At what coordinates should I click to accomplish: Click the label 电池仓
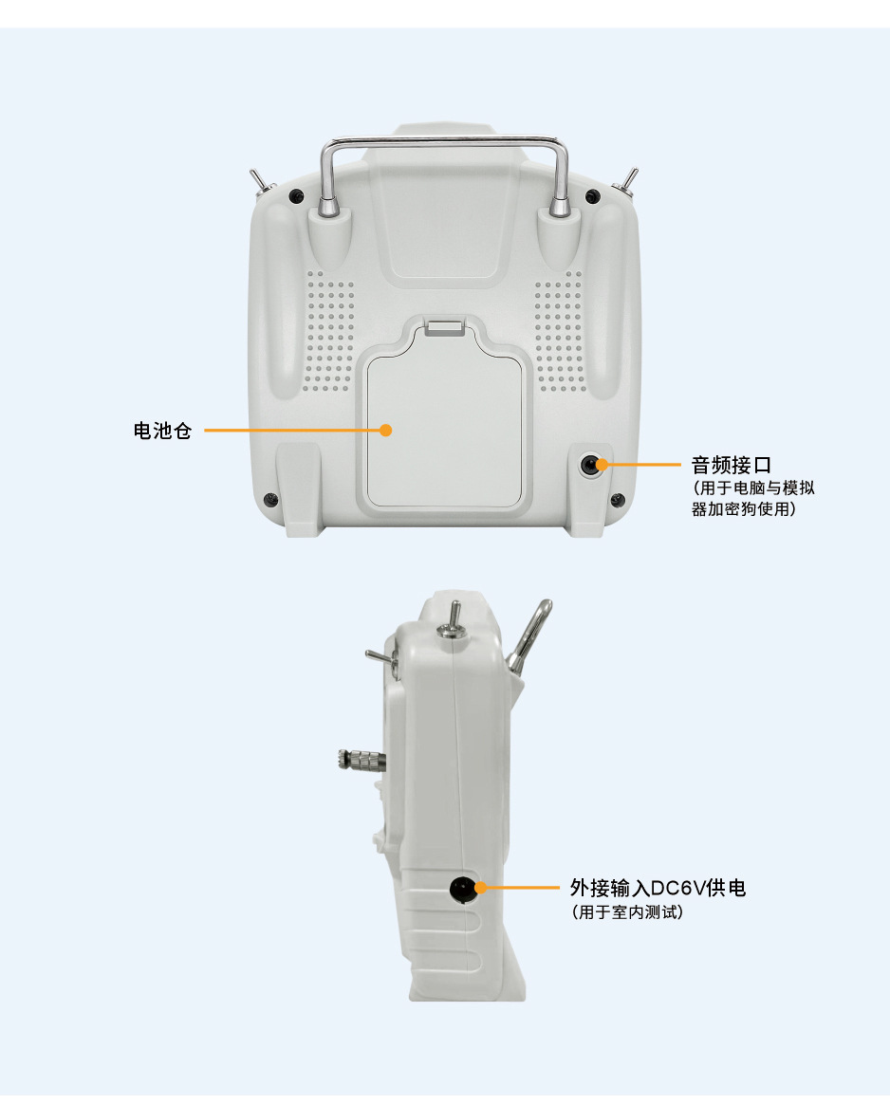162,431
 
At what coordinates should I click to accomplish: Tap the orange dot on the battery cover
385,430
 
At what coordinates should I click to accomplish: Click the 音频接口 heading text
731,465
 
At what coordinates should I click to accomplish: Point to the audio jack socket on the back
589,466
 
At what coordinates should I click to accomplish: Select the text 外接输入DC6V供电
658,888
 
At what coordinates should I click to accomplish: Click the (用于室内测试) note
626,912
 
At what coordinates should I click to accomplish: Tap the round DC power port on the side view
463,889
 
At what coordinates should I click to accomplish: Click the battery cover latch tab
444,326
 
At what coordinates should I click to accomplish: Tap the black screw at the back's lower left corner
269,500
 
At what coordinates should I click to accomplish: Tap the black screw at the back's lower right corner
617,500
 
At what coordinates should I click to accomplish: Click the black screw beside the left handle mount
296,195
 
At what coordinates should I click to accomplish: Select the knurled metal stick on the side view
362,761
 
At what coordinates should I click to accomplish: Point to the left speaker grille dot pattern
329,332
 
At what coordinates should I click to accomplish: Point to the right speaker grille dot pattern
559,332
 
